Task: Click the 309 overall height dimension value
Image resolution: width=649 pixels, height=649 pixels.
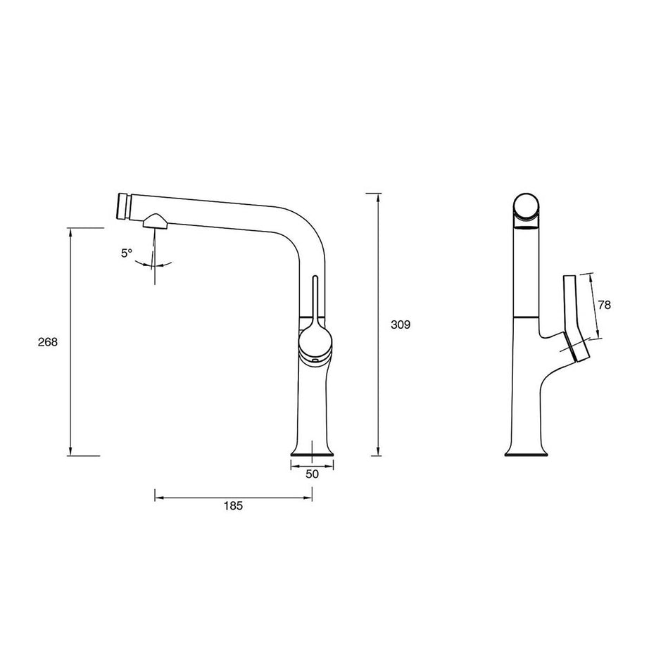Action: (x=401, y=324)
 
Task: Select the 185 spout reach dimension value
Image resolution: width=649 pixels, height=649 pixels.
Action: (x=234, y=506)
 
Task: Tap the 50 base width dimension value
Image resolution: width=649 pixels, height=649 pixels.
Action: (x=312, y=474)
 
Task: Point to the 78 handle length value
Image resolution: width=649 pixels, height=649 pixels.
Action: (x=604, y=305)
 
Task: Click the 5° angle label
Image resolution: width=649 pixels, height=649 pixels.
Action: (x=127, y=253)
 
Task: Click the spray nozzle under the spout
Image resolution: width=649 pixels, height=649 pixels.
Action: (x=156, y=222)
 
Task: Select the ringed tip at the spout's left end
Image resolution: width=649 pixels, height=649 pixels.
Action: (x=125, y=206)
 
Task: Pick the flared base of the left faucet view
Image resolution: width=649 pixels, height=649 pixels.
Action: (x=312, y=450)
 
